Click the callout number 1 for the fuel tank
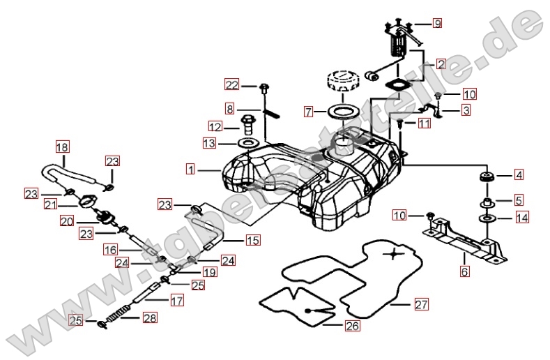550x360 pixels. click(x=191, y=168)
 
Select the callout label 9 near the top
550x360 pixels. click(x=437, y=24)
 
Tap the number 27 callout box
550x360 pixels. click(x=420, y=304)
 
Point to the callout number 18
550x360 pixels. click(x=63, y=147)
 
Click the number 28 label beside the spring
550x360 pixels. click(x=149, y=317)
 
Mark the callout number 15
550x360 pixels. click(x=252, y=241)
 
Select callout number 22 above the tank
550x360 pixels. click(x=231, y=85)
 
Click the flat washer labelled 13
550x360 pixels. click(x=247, y=144)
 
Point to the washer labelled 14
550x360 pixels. click(x=485, y=219)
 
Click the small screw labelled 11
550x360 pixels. click(x=401, y=123)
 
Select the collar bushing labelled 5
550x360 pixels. click(x=485, y=203)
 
